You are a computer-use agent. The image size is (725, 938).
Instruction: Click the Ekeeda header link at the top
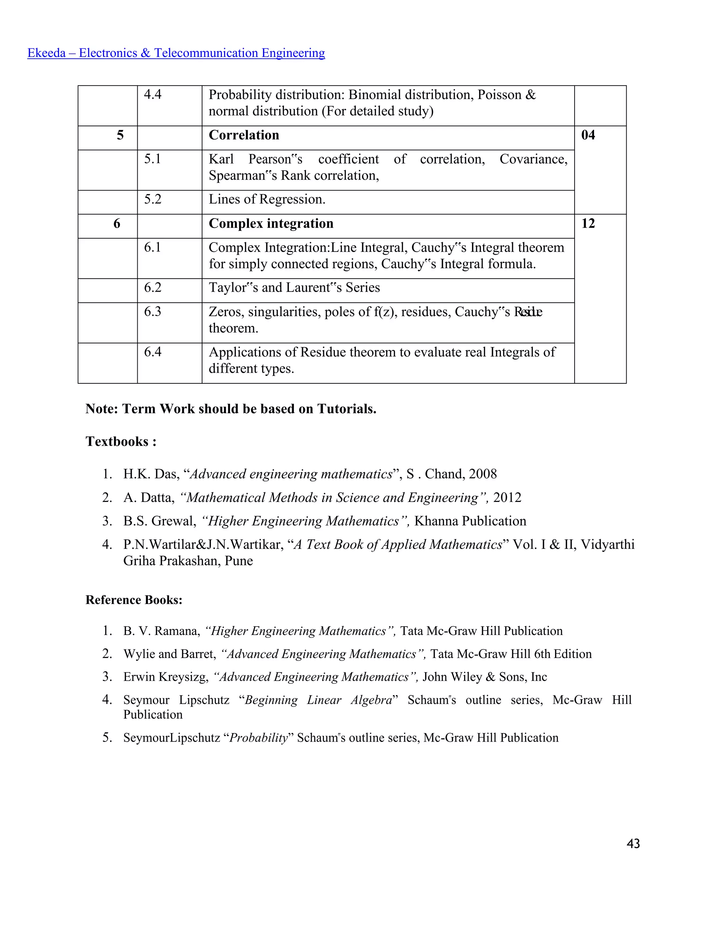pyautogui.click(x=176, y=53)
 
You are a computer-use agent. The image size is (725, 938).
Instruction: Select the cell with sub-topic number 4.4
pyautogui.click(x=153, y=95)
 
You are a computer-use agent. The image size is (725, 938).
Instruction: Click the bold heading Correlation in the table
pyautogui.click(x=244, y=135)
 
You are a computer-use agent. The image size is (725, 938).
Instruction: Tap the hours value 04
pyautogui.click(x=588, y=135)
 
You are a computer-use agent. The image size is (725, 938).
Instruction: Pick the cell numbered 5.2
pyautogui.click(x=153, y=199)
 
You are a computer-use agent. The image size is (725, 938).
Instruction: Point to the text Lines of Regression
pyautogui.click(x=267, y=199)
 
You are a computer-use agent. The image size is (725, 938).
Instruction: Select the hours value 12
pyautogui.click(x=588, y=224)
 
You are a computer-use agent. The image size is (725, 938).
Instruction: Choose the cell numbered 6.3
pyautogui.click(x=153, y=311)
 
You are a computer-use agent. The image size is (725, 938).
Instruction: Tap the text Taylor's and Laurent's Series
pyautogui.click(x=294, y=287)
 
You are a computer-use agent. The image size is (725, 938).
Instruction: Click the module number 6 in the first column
pyautogui.click(x=117, y=224)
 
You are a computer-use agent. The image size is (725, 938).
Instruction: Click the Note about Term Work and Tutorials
pyautogui.click(x=231, y=409)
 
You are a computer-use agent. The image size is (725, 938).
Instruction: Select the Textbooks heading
pyautogui.click(x=121, y=441)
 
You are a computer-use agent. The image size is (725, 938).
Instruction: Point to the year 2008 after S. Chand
pyautogui.click(x=483, y=474)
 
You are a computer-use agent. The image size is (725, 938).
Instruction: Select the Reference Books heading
pyautogui.click(x=133, y=600)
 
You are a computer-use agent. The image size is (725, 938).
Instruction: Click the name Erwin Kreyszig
pyautogui.click(x=165, y=677)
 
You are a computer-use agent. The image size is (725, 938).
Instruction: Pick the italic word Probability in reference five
pyautogui.click(x=258, y=738)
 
